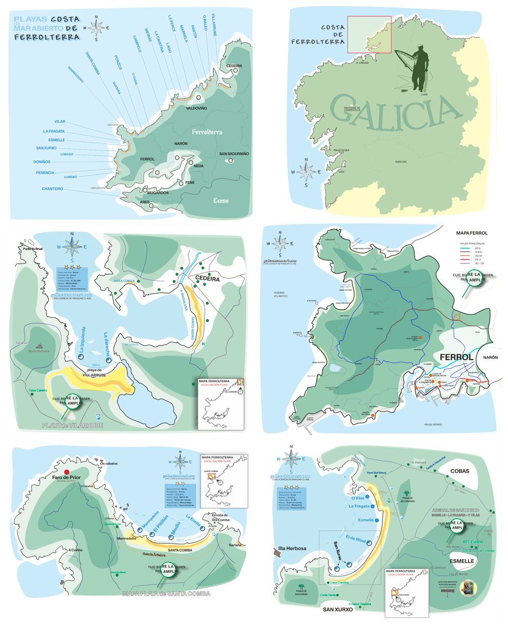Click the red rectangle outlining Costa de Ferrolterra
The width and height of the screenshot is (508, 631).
coord(369,34)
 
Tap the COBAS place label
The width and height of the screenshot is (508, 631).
coord(460,471)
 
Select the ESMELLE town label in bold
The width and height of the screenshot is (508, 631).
coord(461,561)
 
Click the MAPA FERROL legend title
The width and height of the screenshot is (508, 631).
coord(472,233)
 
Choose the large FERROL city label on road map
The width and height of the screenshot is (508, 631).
coord(457,357)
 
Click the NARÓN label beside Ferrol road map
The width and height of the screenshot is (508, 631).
coord(490,357)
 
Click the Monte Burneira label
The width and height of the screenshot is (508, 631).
coord(39,351)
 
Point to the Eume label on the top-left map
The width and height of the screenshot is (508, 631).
coord(221,201)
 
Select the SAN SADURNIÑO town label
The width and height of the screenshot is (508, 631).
coord(234,154)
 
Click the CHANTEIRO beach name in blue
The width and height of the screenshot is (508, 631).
coord(52,189)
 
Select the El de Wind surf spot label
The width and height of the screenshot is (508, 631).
coord(356,539)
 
